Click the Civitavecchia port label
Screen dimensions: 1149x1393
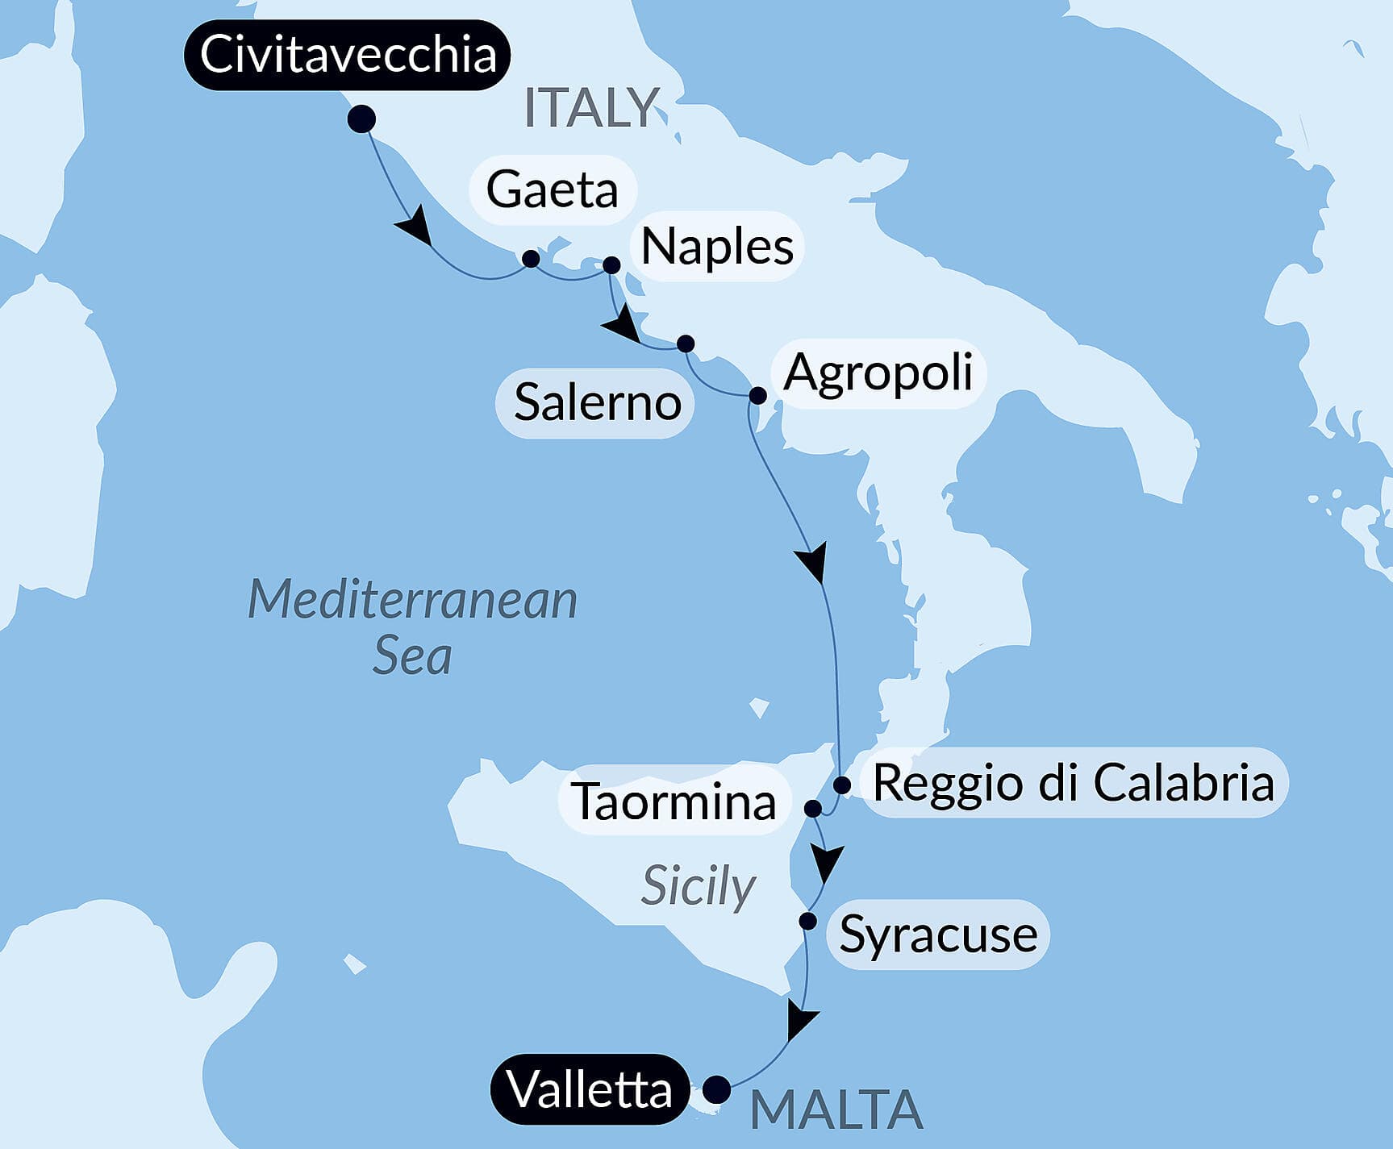point(347,55)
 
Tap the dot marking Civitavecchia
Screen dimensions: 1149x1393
point(361,119)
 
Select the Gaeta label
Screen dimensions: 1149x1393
point(553,189)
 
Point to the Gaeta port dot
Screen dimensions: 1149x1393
point(531,258)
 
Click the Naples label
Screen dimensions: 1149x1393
point(717,246)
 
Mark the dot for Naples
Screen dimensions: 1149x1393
point(611,264)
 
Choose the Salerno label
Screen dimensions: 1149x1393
point(597,402)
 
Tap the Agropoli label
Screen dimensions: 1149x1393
point(878,373)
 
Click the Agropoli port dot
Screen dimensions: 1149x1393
point(757,395)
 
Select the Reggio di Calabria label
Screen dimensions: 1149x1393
point(1074,782)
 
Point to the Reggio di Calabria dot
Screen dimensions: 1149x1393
point(842,785)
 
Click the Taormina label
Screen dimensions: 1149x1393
point(674,801)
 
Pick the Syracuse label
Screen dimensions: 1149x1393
point(938,935)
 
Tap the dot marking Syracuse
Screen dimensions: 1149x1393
point(807,920)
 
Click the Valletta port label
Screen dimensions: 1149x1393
point(590,1089)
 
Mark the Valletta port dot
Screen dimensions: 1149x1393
point(716,1089)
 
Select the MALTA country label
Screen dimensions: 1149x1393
point(836,1109)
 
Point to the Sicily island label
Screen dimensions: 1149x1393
point(698,886)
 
